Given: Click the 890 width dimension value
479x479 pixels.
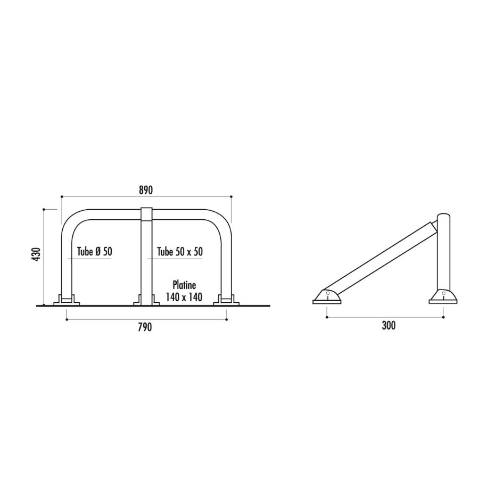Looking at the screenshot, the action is (146, 190).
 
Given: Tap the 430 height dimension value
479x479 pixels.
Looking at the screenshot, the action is (36, 254).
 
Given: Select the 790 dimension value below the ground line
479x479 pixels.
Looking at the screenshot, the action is (145, 327).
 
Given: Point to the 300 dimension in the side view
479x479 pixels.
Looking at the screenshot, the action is (389, 325).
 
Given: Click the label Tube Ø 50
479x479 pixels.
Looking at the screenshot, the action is (95, 252).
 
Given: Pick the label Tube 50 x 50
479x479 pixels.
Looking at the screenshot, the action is (180, 252).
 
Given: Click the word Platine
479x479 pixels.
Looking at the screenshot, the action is (184, 285).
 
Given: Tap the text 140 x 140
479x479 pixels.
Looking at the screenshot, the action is (184, 296).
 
